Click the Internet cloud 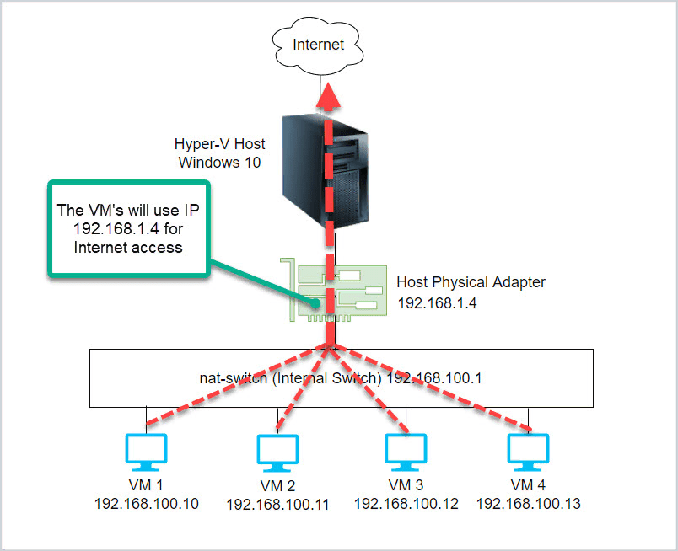[x=318, y=45]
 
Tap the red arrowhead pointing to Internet [x=329, y=95]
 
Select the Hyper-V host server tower [x=326, y=171]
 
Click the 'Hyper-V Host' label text [x=219, y=144]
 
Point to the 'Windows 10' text [x=219, y=163]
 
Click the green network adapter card [x=333, y=291]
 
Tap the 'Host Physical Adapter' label [x=471, y=282]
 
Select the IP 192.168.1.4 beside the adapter [x=437, y=303]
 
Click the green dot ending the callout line [x=316, y=303]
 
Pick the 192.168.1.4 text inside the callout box [x=116, y=228]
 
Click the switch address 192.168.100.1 [x=434, y=378]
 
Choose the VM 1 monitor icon [x=146, y=452]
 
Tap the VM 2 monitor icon [x=277, y=453]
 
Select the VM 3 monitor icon [x=406, y=452]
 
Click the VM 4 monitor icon [x=528, y=452]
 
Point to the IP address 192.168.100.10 [x=147, y=504]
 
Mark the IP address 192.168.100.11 [x=277, y=505]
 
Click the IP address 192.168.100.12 [x=406, y=504]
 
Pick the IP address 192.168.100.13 [x=529, y=504]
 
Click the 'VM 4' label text [x=528, y=485]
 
